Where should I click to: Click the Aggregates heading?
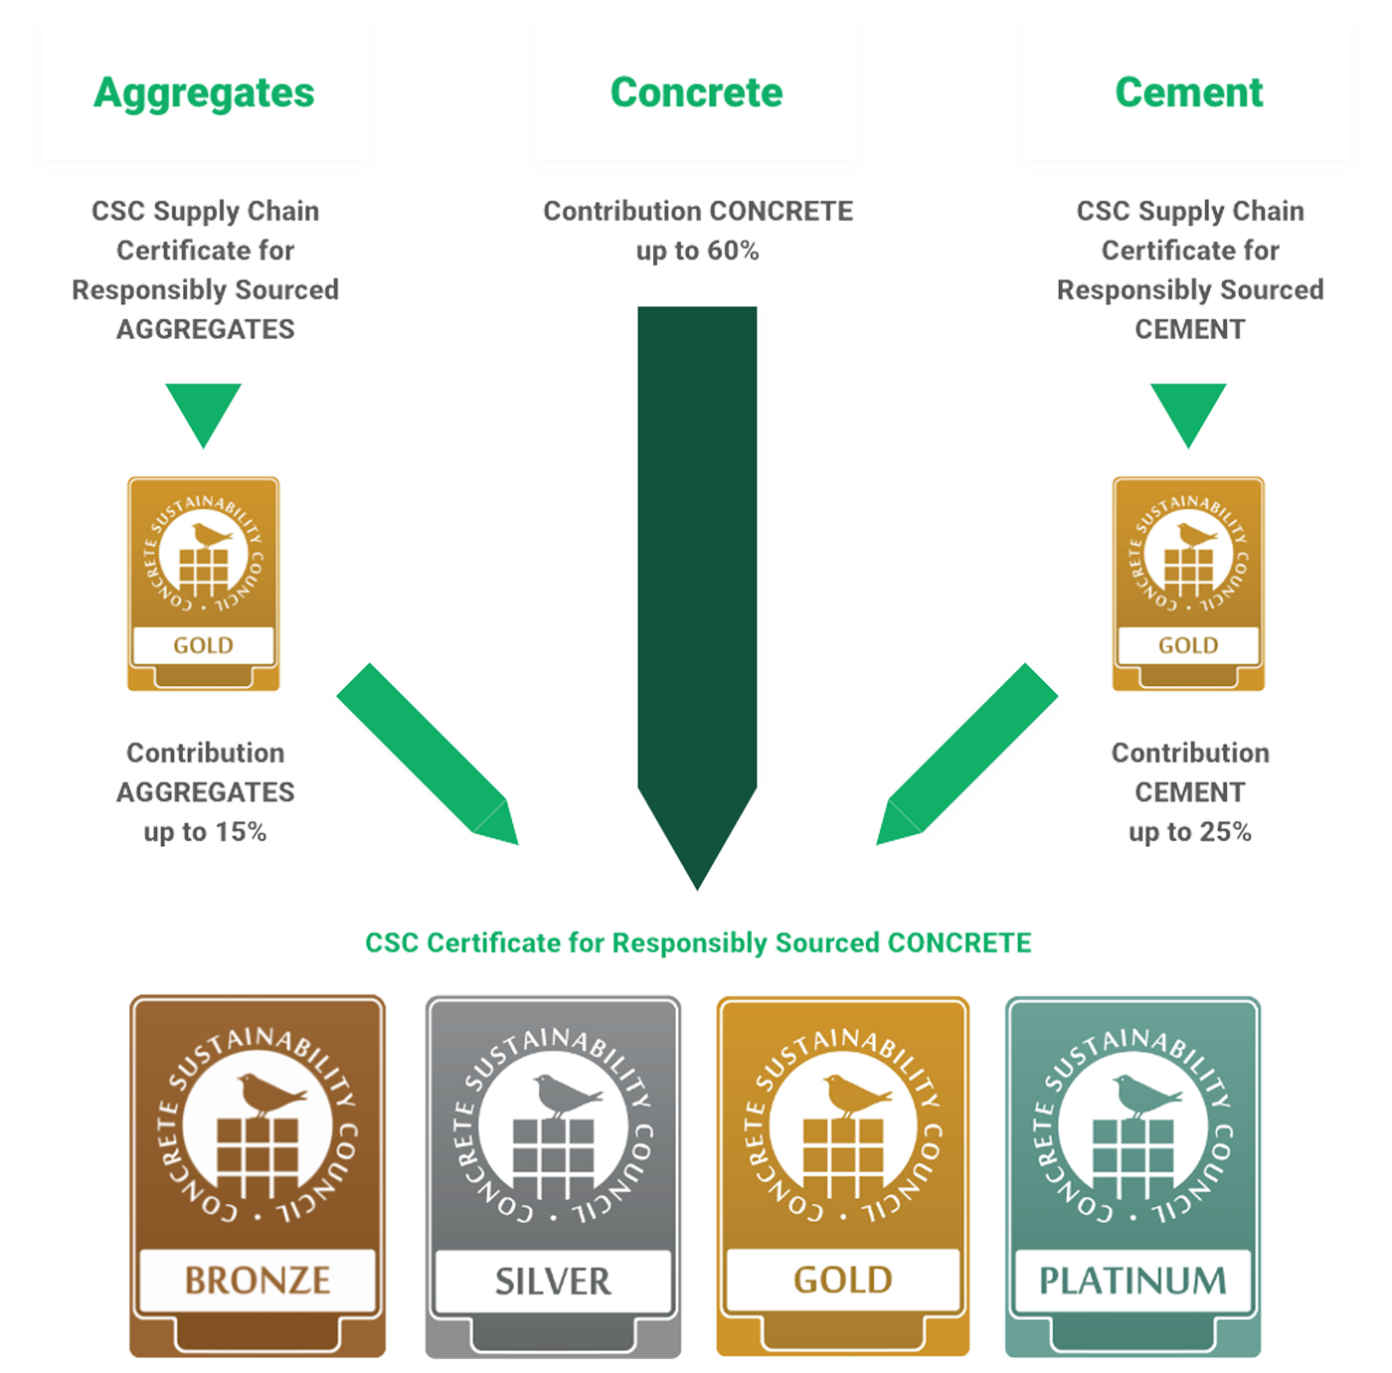click(204, 92)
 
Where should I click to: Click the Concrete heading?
click(696, 92)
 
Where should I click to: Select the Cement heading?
click(1188, 92)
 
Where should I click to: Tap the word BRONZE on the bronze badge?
click(258, 1280)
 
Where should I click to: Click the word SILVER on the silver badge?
click(553, 1282)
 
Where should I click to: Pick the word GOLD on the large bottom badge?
click(843, 1280)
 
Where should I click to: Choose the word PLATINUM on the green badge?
click(1132, 1281)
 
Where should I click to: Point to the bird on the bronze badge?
click(268, 1094)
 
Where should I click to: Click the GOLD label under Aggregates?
click(203, 645)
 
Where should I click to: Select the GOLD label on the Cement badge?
click(1188, 645)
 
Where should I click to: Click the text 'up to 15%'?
click(205, 832)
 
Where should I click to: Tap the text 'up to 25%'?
click(1190, 832)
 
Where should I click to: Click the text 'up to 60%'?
click(697, 252)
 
